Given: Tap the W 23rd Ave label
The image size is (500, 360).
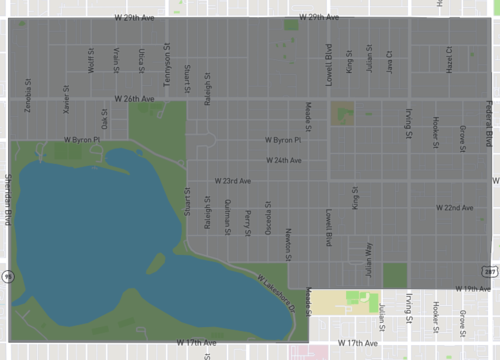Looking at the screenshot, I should pyautogui.click(x=231, y=181).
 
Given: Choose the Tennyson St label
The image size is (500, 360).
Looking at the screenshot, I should pyautogui.click(x=166, y=71).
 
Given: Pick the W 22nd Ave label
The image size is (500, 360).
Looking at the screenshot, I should pyautogui.click(x=454, y=207).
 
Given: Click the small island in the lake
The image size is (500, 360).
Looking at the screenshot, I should pyautogui.click(x=155, y=264).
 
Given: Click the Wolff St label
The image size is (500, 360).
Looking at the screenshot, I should pyautogui.click(x=91, y=61).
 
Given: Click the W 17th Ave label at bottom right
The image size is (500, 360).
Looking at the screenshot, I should pyautogui.click(x=357, y=342).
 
